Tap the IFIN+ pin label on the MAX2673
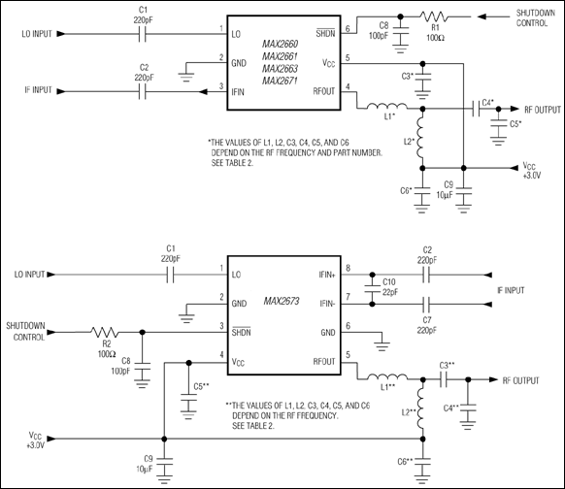[320, 275]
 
